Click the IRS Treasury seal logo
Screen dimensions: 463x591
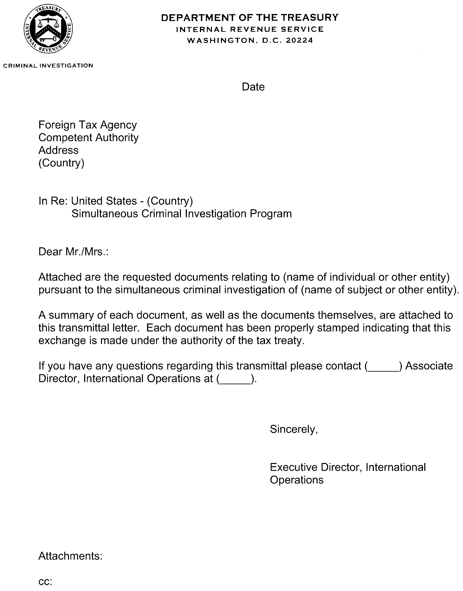[48, 29]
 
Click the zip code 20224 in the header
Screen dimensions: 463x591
[299, 40]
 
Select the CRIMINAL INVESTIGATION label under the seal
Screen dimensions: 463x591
[48, 66]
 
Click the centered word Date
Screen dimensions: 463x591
[253, 87]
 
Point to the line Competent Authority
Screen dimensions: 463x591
[88, 137]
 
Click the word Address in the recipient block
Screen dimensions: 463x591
[58, 150]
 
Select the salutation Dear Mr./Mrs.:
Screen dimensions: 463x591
[73, 252]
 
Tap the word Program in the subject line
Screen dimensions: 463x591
[271, 214]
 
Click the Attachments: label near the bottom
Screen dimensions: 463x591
[70, 556]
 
